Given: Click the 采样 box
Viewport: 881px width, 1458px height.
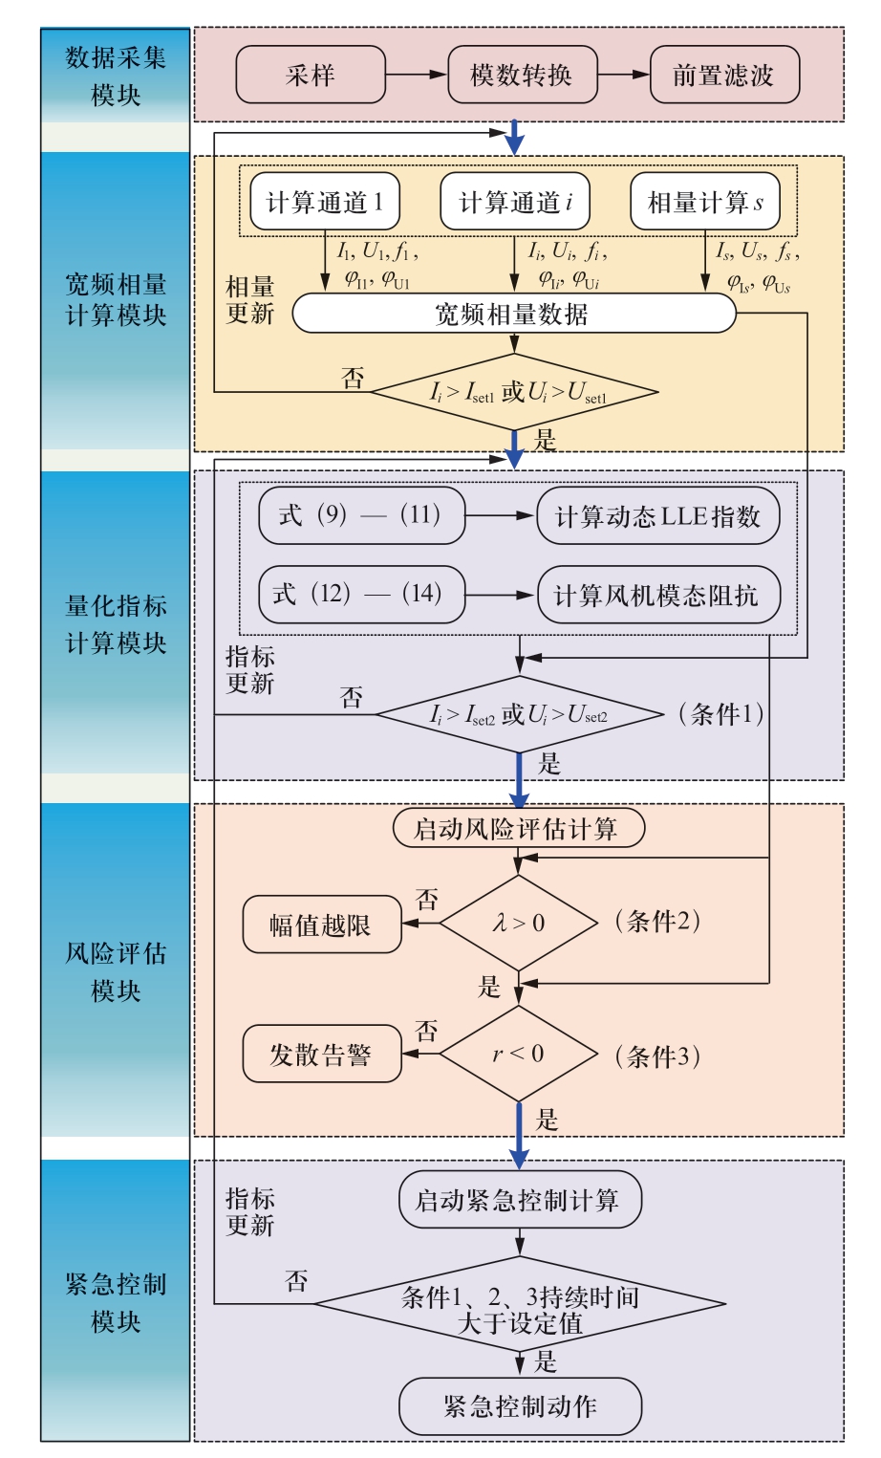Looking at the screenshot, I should point(311,76).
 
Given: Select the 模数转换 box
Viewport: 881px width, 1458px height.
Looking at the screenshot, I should point(522,76).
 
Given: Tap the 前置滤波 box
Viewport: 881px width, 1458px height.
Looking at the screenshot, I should point(723,76).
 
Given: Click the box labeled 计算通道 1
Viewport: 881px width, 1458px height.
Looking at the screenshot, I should point(324,202).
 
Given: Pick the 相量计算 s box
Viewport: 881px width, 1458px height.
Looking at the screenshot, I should point(705,202).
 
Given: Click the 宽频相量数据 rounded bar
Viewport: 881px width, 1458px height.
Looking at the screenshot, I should point(513,314).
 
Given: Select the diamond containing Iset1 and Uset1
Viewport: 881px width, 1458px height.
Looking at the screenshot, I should point(515,392).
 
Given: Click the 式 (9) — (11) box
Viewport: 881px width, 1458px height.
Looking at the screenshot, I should point(361,516).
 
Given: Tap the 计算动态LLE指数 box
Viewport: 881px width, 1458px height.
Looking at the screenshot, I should point(657,516).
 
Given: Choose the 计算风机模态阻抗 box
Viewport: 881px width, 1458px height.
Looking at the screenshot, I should point(657,596).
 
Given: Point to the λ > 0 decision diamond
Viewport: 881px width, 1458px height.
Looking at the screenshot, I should point(518,923).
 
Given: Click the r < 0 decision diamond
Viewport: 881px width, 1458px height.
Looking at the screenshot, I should point(518,1054).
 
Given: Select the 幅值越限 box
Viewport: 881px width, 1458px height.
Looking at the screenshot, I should point(321,925).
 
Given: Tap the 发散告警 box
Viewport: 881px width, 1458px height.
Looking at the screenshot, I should point(321,1055).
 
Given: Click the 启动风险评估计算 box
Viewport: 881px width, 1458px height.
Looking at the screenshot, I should point(518,828).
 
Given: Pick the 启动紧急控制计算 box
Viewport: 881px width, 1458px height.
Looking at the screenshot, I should point(519,1200).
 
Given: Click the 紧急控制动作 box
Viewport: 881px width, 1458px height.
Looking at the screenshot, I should point(520,1406).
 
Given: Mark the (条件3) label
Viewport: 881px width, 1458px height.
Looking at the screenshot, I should point(658,1055).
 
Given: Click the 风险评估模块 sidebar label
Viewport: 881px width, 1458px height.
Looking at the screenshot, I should point(116,971).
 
